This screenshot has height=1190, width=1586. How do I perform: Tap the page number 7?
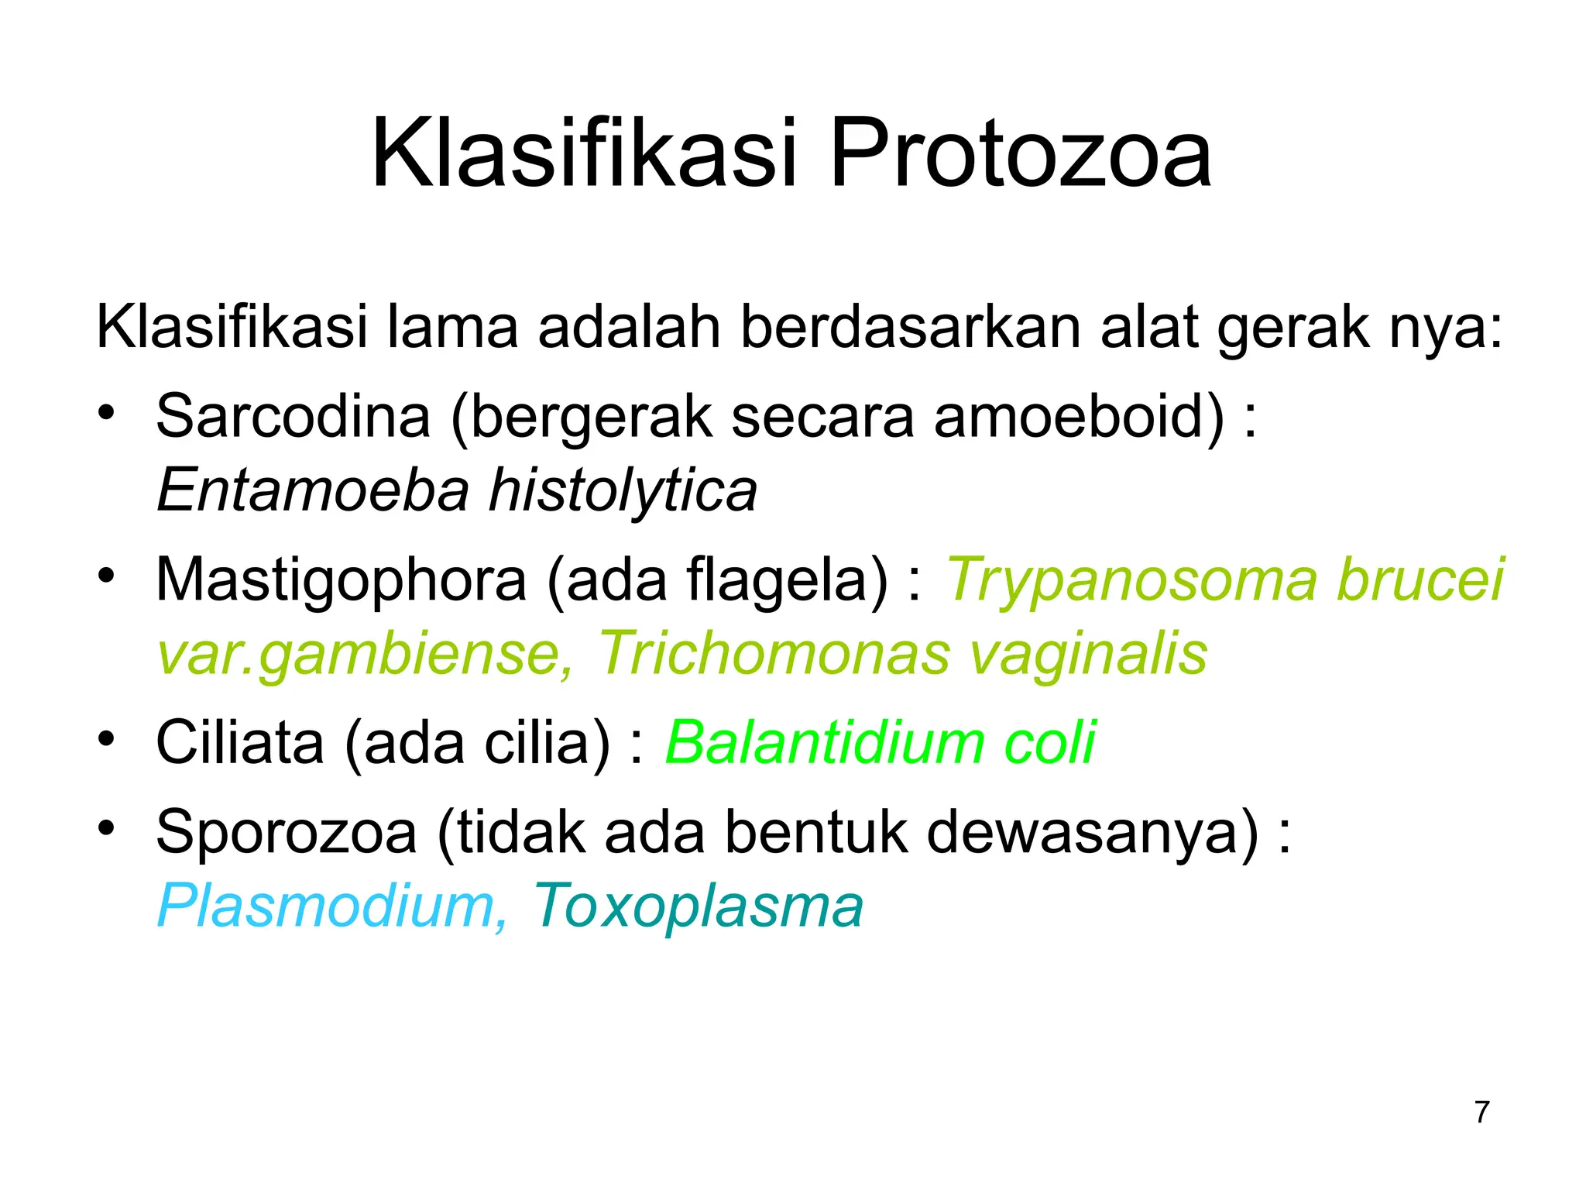coord(1481,1112)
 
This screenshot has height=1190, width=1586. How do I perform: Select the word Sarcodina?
coord(293,416)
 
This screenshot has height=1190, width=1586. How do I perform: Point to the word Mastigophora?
coord(341,580)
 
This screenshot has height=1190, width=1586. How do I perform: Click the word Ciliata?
coord(239,743)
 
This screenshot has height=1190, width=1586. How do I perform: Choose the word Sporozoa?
coord(287,832)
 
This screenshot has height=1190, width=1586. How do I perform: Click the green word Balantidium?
coord(824,743)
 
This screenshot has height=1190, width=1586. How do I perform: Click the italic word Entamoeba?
coord(313,490)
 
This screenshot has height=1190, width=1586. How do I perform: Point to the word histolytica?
coord(623,490)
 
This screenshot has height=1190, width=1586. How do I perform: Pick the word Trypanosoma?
coord(1131,580)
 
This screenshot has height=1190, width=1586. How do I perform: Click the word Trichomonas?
coord(773,654)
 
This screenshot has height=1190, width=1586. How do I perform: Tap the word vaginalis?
coord(1088,654)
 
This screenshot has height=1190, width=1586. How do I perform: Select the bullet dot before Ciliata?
coord(107,738)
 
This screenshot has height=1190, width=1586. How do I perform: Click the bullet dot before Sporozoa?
coord(107,827)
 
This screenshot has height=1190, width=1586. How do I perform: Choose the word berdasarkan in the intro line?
coord(910,327)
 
